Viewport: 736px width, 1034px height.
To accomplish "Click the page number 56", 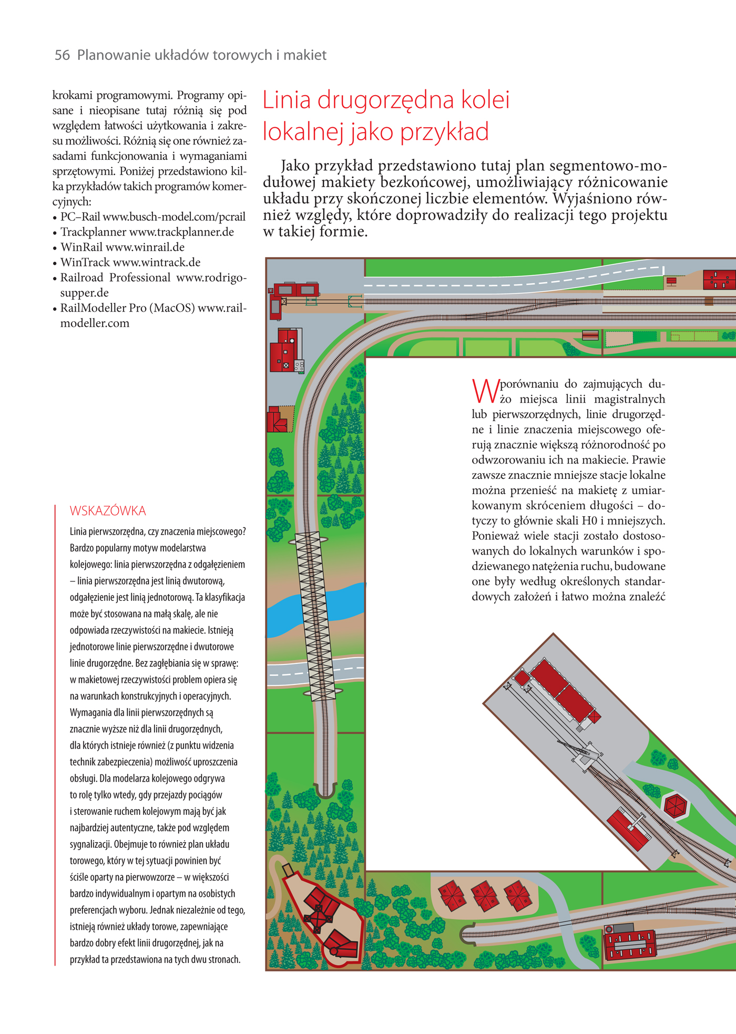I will (x=62, y=55).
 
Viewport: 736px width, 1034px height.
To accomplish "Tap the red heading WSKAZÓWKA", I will (x=108, y=510).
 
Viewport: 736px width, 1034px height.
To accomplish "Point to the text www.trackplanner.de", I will (x=181, y=232).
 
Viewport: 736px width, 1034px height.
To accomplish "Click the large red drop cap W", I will (x=485, y=391).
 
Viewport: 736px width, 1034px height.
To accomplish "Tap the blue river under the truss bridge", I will (x=287, y=610).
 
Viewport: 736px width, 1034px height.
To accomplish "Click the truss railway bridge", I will (x=314, y=615).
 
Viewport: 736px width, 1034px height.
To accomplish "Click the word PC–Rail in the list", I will (x=80, y=217).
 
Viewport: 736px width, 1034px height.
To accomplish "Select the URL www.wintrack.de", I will (x=157, y=262).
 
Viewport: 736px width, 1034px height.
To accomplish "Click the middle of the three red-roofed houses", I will (x=485, y=895).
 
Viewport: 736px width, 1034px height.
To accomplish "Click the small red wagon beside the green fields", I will (x=590, y=335).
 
